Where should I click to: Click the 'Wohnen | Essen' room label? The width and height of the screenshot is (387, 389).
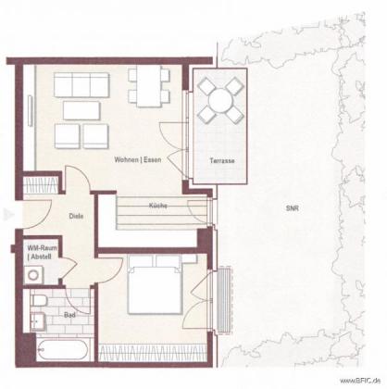138,160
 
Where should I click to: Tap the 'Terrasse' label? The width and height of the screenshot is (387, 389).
222,160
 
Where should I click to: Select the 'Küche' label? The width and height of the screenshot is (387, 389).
158,206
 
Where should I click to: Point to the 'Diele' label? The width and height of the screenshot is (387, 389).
76,216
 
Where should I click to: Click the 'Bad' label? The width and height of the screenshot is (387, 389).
69,315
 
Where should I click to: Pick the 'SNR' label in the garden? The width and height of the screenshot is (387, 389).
292,208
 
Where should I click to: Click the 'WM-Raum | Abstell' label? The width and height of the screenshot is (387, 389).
42,252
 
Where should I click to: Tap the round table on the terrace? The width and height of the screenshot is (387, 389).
220,101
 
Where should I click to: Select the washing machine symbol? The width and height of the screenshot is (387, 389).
33,275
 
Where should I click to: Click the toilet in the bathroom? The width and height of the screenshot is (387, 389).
39,300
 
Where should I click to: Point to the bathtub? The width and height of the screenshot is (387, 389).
63,349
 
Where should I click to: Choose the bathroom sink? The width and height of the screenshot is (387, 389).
38,321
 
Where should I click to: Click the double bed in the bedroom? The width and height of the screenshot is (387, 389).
155,285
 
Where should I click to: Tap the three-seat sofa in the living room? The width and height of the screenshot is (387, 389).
81,85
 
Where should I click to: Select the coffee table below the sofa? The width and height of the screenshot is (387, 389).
81,110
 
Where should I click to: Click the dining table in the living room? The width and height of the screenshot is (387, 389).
149,86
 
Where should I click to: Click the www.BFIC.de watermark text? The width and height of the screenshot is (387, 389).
359,380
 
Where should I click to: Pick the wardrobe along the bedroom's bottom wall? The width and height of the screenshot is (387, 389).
153,353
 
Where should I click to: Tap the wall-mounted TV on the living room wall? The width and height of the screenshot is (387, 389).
30,111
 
